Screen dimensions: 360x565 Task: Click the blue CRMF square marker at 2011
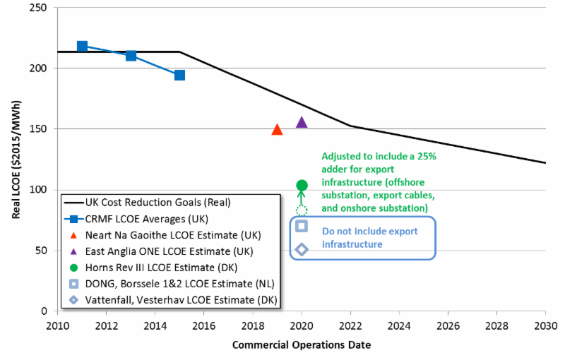tap(82, 47)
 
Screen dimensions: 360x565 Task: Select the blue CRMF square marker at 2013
tap(131, 56)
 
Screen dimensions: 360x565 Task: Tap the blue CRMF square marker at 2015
tap(179, 75)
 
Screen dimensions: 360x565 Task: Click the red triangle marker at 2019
tap(277, 130)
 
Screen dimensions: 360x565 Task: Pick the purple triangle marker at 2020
tap(302, 122)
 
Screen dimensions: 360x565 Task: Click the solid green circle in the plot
tap(302, 185)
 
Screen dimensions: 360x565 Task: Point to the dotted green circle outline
tap(302, 210)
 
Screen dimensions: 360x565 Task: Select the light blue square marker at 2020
tap(302, 226)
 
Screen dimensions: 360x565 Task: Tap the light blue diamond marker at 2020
tap(302, 248)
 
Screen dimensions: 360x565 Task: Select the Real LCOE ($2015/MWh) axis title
tap(16, 160)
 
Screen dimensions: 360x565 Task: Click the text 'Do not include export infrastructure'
tap(369, 238)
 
